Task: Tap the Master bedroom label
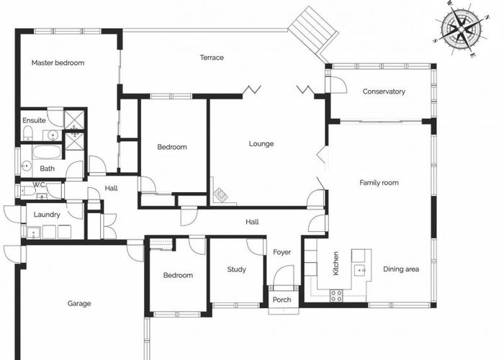58,63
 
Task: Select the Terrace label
212,58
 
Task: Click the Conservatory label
384,91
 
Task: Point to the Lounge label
261,143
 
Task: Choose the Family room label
379,183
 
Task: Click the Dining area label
401,269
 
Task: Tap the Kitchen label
336,264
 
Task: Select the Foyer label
282,252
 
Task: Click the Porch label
282,300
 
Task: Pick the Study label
236,270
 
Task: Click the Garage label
79,303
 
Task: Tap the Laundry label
48,214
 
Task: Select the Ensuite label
34,120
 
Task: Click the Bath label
47,168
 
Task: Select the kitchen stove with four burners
336,295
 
